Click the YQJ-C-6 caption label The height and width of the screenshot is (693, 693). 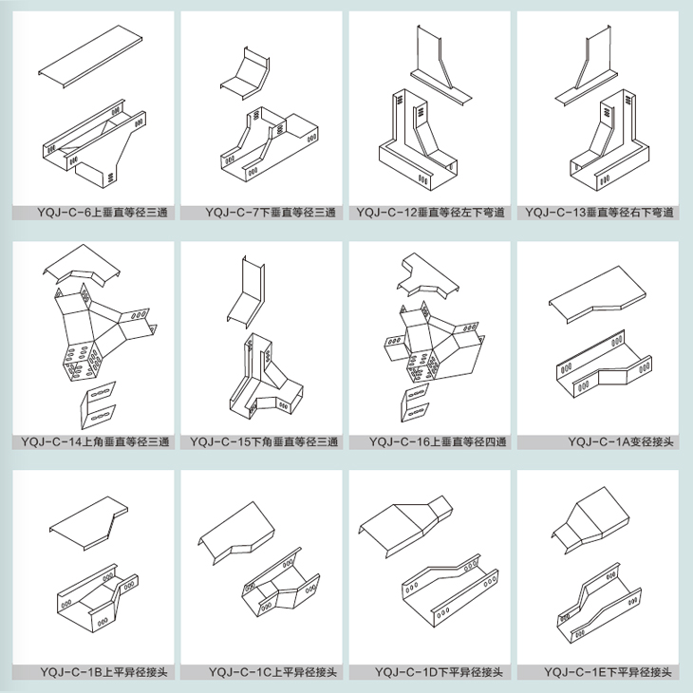click(x=103, y=213)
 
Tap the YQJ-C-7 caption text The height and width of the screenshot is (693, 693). click(x=271, y=213)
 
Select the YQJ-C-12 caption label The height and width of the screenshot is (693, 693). click(x=430, y=213)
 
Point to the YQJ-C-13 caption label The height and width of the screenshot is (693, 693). click(x=599, y=213)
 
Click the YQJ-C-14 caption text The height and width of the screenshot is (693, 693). click(x=95, y=441)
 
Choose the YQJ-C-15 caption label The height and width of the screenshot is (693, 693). click(x=264, y=441)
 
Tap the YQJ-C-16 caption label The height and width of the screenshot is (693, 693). click(x=438, y=441)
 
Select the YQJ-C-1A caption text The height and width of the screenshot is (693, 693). click(x=621, y=441)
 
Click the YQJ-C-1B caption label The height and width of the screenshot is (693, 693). click(x=103, y=672)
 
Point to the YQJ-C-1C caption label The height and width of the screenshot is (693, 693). click(x=272, y=672)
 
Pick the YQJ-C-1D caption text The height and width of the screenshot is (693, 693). click(x=439, y=672)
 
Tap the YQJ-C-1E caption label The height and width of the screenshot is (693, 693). click(x=608, y=672)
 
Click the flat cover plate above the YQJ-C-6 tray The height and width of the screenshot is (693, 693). click(x=90, y=56)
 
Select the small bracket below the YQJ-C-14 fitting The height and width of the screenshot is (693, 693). click(x=98, y=404)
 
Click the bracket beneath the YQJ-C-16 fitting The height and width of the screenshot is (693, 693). click(x=415, y=403)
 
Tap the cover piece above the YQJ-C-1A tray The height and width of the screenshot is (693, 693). click(x=597, y=294)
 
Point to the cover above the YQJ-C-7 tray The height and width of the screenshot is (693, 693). click(x=245, y=72)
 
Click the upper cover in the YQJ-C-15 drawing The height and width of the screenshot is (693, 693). click(x=247, y=291)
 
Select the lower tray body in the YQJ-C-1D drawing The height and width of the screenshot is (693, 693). click(x=450, y=590)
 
